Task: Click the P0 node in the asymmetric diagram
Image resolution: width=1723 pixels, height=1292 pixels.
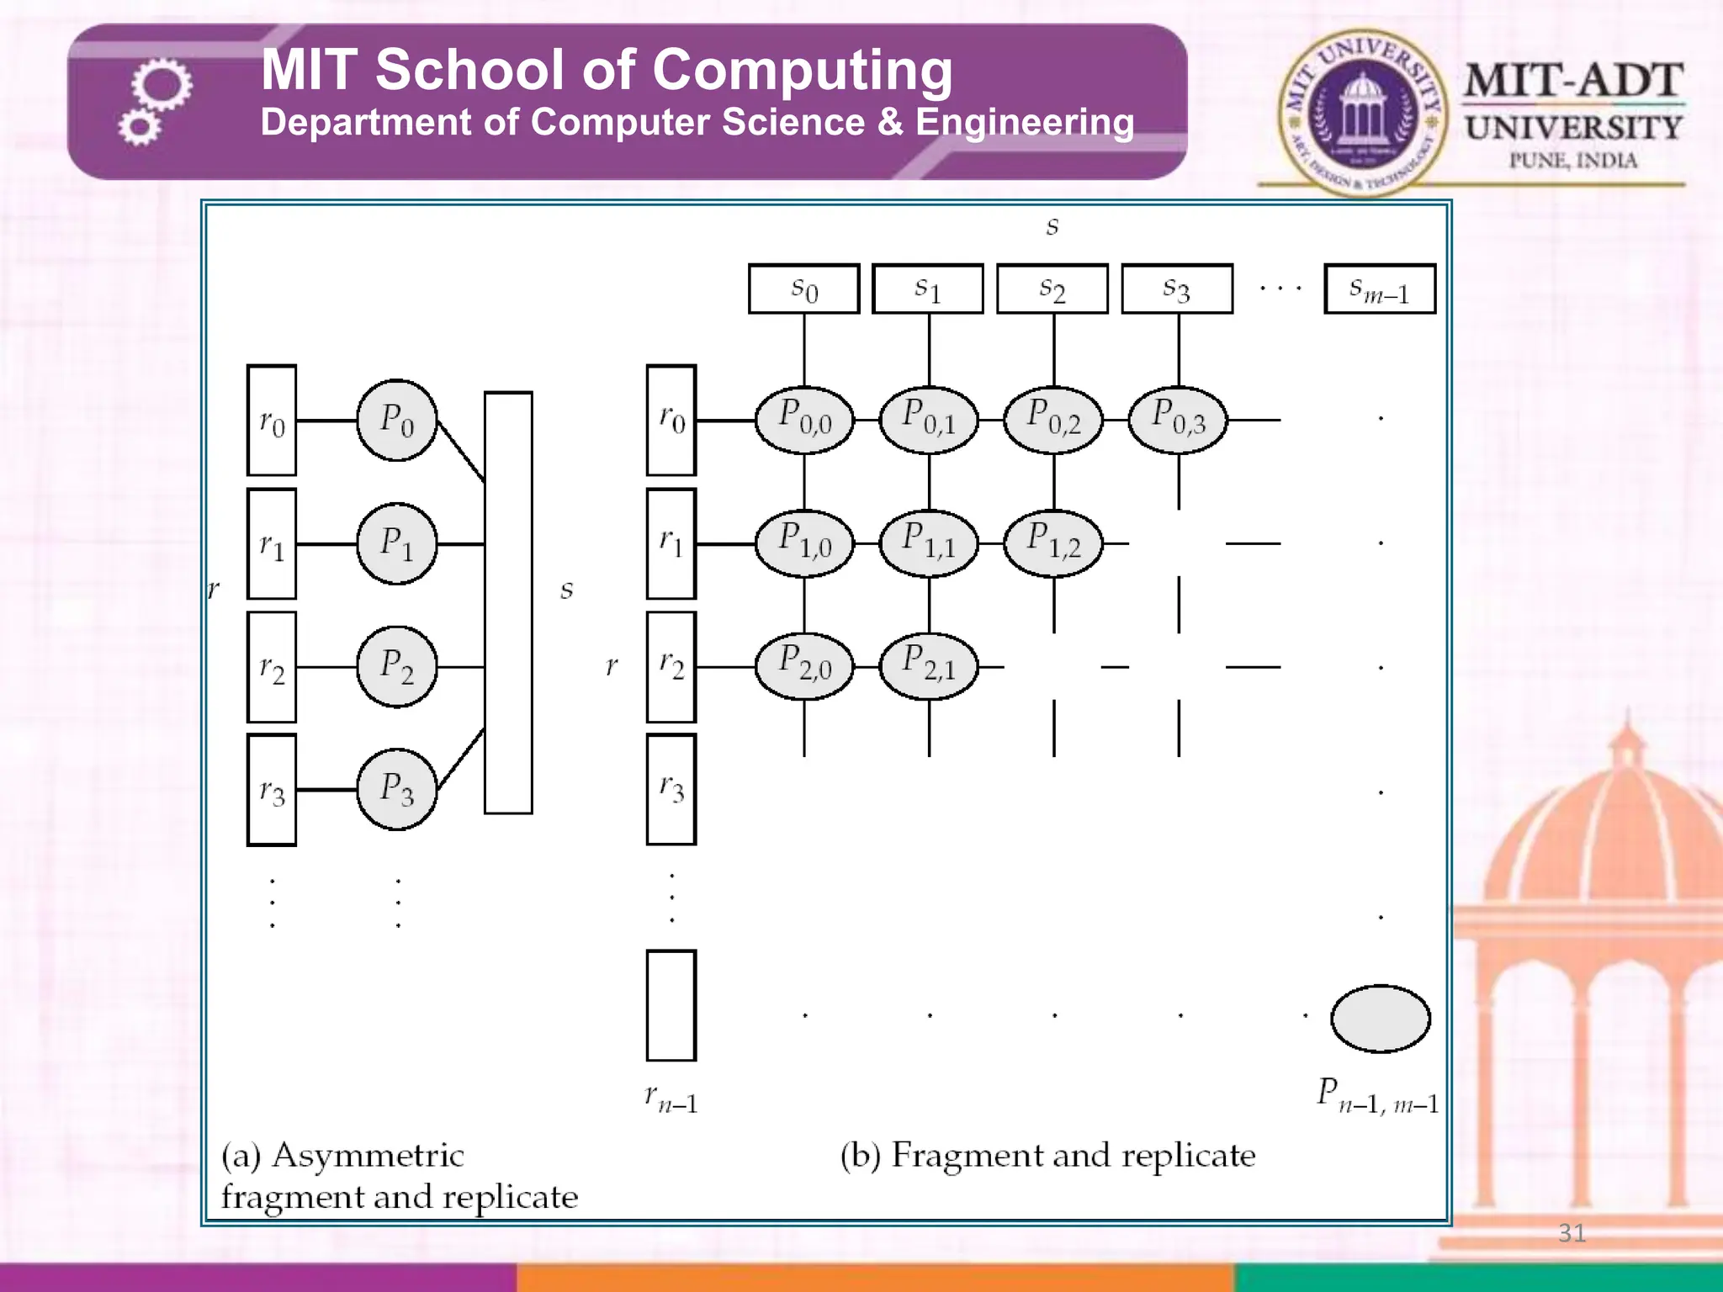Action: (397, 420)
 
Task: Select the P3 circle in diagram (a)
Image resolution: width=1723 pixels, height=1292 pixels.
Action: (397, 790)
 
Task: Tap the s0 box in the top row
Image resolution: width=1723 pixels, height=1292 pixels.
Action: (803, 289)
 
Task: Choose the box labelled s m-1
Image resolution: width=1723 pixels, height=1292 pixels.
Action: (1380, 289)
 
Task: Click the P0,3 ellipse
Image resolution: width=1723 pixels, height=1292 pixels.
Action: (1178, 420)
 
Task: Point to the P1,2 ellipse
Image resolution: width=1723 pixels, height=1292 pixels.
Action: (1053, 543)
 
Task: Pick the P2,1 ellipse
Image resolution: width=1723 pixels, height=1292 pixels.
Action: (929, 667)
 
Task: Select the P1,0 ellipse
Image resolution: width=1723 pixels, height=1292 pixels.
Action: (804, 543)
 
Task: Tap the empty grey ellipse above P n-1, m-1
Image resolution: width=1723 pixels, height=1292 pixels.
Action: (1380, 1019)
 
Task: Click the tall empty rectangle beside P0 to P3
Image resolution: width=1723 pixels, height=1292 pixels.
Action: (508, 603)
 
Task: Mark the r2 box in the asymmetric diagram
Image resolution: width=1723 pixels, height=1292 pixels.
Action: (272, 667)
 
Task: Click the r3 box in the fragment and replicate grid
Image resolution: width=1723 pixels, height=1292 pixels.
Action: (671, 790)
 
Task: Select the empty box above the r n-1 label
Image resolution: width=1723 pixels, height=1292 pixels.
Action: (671, 1006)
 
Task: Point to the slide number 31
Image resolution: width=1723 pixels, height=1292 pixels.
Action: (1572, 1232)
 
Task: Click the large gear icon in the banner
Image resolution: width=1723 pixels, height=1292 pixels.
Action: (162, 85)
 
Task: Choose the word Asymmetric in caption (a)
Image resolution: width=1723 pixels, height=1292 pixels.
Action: (368, 1156)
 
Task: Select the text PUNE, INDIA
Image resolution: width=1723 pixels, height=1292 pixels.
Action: (1572, 160)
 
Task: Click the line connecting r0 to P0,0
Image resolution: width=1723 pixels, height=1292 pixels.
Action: (725, 420)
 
